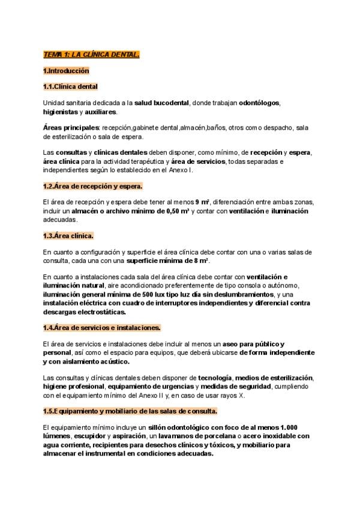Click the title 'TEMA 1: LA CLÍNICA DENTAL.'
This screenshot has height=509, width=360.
91,55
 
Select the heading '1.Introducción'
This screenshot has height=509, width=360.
66,71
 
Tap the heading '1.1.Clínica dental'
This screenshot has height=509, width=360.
71,86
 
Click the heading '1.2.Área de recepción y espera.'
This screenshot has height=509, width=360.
92,186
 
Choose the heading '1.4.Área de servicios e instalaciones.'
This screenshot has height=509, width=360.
101,328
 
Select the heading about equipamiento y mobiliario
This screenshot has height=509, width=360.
130,411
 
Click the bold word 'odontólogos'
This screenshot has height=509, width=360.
259,103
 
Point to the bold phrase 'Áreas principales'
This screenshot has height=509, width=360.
71,128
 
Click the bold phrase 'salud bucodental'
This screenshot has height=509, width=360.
161,103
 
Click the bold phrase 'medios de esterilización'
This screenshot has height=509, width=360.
274,378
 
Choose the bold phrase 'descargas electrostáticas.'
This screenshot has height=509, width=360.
85,312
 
